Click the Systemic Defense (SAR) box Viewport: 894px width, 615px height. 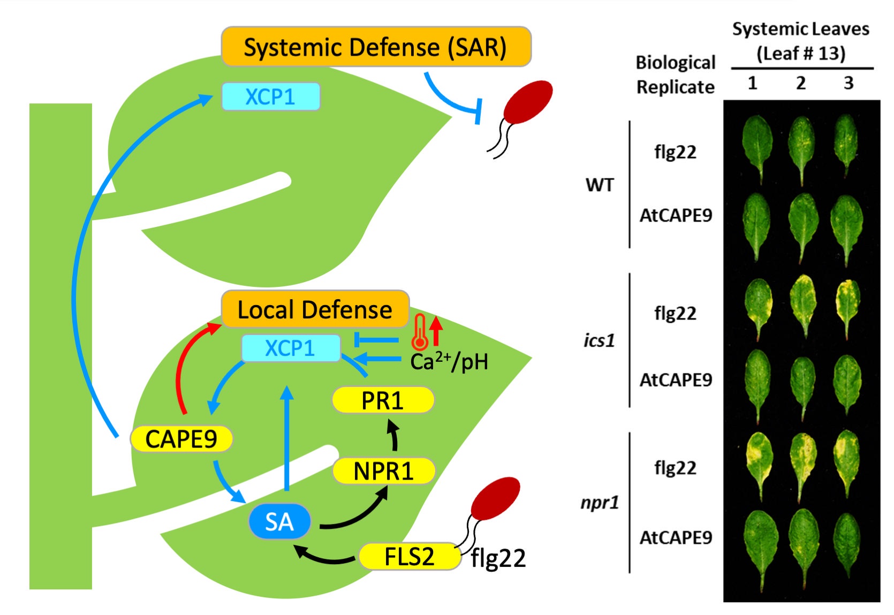click(376, 47)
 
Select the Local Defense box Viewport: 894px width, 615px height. click(315, 309)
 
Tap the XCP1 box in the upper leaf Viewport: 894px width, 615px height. click(270, 97)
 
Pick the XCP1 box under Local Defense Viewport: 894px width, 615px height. click(291, 348)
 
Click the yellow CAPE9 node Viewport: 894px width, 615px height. click(181, 439)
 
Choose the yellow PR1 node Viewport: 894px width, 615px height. click(382, 400)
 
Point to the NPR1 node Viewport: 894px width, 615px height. click(383, 472)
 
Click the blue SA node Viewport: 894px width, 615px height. click(279, 521)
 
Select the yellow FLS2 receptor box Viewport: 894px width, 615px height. click(410, 557)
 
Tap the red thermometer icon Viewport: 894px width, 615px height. click(420, 332)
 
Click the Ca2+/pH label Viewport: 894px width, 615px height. click(449, 362)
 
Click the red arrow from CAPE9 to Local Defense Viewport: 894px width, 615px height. click(185, 364)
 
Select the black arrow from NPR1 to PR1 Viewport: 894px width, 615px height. click(395, 436)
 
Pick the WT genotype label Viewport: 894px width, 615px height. click(600, 185)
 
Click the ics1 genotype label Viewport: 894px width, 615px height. click(600, 340)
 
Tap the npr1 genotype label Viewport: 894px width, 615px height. click(600, 503)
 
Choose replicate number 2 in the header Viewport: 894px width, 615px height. click(801, 83)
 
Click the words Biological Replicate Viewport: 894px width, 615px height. click(675, 74)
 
